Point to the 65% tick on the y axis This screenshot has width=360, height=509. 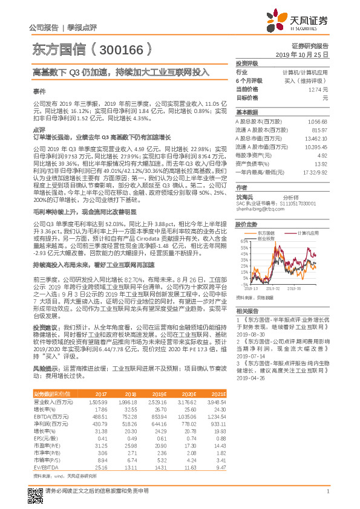(x=243, y=242)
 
